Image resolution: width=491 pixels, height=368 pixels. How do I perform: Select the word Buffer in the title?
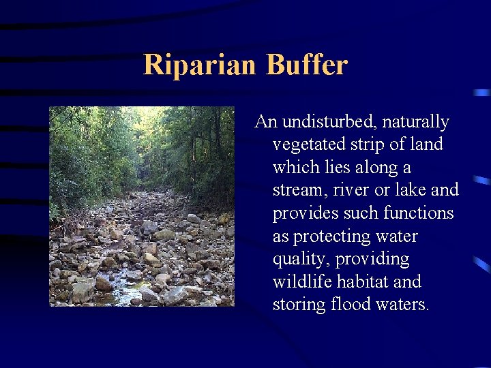point(307,65)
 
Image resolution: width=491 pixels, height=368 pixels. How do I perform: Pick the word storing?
point(298,305)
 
